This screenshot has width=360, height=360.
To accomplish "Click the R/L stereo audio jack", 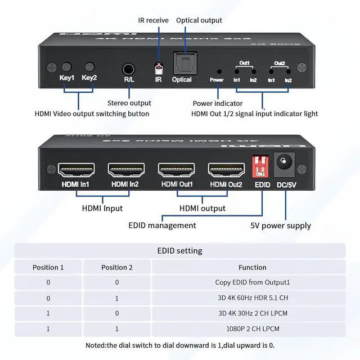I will pos(129,70).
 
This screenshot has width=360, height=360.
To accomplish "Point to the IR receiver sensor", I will pos(159,69).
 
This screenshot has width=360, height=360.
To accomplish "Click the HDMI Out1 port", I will pos(177,169).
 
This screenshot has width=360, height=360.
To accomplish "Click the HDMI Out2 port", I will pos(226,169).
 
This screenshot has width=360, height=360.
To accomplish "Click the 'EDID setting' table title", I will pos(180,251).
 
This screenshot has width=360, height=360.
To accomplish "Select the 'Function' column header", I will pos(253,267).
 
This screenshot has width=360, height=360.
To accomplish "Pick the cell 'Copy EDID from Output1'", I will pos(253,282).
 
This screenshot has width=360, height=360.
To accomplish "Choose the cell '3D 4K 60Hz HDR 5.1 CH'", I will pos(253,298).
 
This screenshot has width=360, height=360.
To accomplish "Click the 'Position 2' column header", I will pos(117,267).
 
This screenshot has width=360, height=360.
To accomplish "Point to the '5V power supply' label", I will pos(281,226).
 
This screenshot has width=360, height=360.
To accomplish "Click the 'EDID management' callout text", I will pos(163,225).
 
